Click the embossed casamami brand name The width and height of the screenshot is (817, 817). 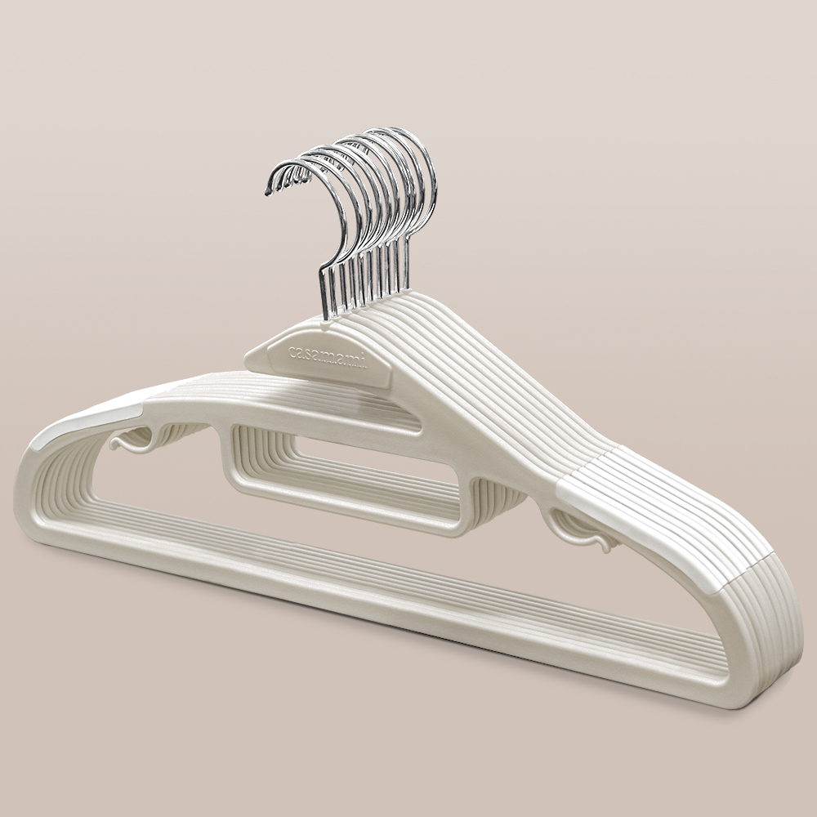[328, 355]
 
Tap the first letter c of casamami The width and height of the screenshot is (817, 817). [292, 350]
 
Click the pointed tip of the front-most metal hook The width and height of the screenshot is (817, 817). [267, 194]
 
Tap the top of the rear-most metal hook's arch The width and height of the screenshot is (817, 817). [396, 130]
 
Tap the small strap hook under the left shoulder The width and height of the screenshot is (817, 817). [133, 443]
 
